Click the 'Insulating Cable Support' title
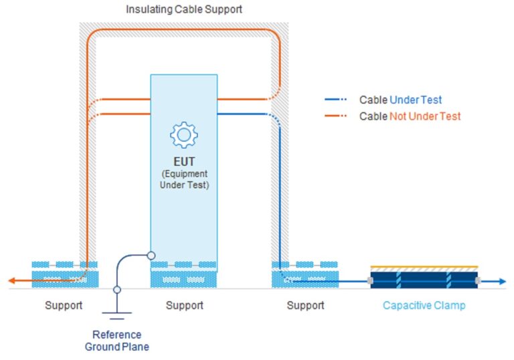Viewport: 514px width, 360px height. pyautogui.click(x=184, y=9)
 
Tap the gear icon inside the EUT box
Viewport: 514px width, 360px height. pyautogui.click(x=183, y=135)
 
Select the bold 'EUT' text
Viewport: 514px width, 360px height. pyautogui.click(x=184, y=162)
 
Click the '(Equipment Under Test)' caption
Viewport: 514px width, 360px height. pyautogui.click(x=184, y=179)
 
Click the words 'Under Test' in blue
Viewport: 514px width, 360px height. pyautogui.click(x=416, y=100)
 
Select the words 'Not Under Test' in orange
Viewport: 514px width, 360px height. pyautogui.click(x=425, y=116)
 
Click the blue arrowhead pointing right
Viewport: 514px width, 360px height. pyautogui.click(x=503, y=281)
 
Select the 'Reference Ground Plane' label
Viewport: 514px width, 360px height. pyautogui.click(x=116, y=341)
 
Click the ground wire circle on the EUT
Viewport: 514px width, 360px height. pyautogui.click(x=151, y=255)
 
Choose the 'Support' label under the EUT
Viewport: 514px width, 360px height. pyautogui.click(x=184, y=306)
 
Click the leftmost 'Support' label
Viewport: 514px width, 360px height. pyautogui.click(x=64, y=306)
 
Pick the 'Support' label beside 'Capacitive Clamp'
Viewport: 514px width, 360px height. pyautogui.click(x=305, y=306)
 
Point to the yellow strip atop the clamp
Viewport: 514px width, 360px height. pyautogui.click(x=424, y=267)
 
